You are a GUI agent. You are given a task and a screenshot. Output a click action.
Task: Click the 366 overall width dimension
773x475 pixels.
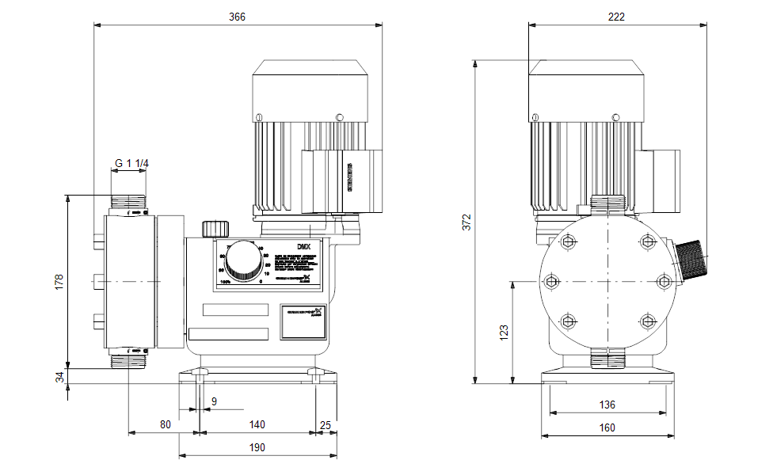[238, 17]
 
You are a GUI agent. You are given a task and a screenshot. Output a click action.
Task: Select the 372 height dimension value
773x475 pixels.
[467, 222]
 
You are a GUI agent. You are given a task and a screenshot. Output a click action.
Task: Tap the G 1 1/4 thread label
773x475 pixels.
[132, 164]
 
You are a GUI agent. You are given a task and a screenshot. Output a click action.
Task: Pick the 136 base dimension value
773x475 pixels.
[607, 405]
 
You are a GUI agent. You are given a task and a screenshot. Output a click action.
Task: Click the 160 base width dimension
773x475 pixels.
[607, 428]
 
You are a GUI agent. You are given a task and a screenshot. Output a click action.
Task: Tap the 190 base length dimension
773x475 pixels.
[257, 447]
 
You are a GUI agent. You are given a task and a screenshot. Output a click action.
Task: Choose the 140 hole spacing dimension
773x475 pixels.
[257, 424]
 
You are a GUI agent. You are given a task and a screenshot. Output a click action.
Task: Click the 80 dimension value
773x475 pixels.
[165, 424]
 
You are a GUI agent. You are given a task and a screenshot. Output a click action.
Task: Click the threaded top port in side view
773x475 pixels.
[128, 203]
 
